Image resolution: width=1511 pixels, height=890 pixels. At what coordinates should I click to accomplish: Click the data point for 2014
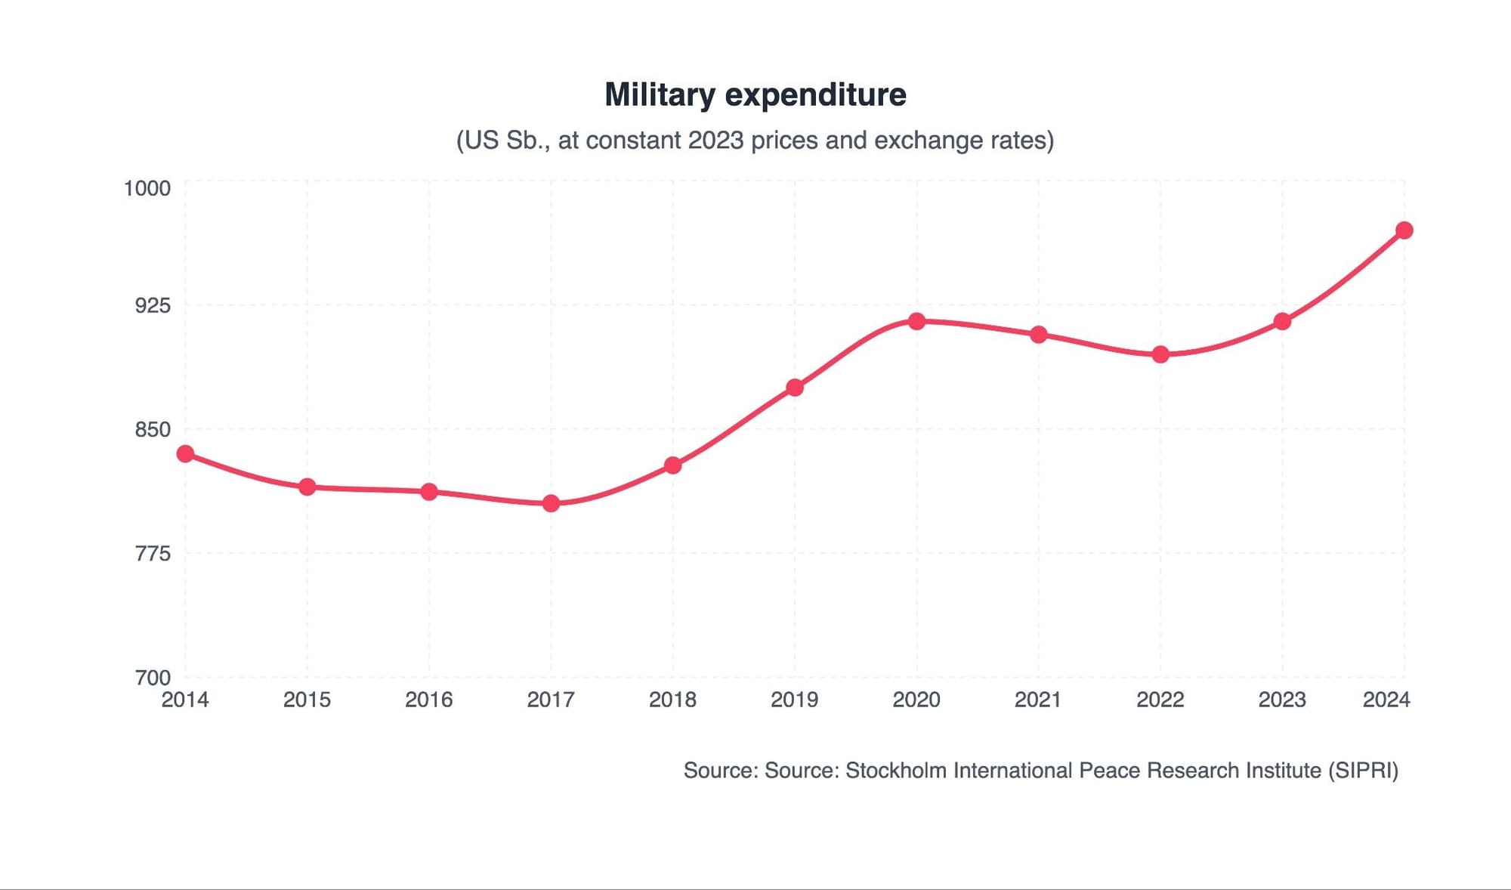185,453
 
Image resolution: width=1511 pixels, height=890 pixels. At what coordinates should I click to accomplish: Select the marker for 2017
551,503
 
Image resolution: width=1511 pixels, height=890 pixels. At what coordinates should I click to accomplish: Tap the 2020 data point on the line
916,321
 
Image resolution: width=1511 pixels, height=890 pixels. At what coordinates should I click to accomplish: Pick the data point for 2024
1404,230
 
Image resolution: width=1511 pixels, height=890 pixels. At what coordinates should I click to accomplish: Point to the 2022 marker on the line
1160,354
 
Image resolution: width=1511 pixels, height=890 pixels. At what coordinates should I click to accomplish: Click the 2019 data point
795,388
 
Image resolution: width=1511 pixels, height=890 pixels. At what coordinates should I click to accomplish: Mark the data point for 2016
429,492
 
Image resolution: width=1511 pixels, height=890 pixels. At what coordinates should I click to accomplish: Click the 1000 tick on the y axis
147,188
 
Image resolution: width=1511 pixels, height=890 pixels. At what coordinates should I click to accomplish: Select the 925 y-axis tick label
153,305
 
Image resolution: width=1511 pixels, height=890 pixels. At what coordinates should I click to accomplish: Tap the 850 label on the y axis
153,429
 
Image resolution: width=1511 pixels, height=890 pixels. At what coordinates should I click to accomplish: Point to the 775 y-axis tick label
153,554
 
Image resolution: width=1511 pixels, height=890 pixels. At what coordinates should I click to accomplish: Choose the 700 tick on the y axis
153,678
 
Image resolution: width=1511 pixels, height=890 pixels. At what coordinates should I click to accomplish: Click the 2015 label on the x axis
307,700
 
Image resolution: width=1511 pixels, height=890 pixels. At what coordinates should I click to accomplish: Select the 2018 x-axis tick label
672,700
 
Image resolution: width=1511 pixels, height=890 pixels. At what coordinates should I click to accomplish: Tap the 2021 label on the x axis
1038,700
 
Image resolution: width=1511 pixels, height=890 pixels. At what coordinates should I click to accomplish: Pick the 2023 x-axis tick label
1282,700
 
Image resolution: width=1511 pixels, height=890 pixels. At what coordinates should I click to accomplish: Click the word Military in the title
660,95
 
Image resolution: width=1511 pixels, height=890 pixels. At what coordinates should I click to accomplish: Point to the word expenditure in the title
815,95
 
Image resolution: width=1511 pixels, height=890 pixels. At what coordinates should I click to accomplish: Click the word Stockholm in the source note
895,771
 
